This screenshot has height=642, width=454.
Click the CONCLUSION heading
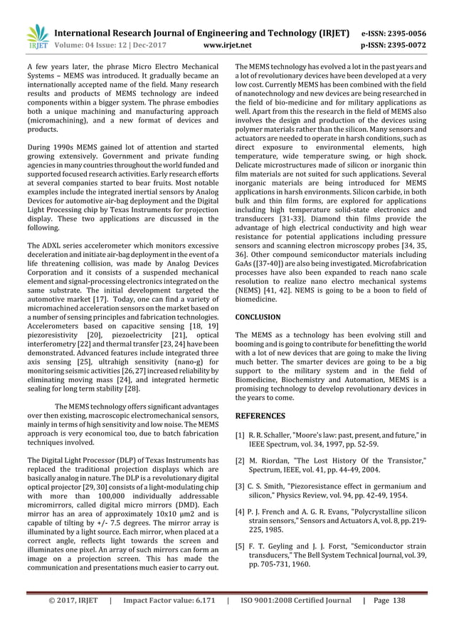258,317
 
